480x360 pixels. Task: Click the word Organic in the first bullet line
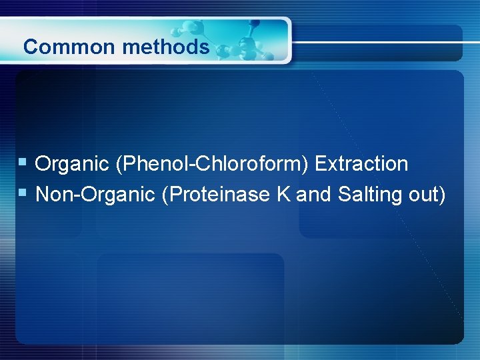(73, 164)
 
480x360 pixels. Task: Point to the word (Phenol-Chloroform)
(213, 164)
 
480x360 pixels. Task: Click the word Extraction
(362, 164)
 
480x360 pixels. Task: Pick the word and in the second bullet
(314, 195)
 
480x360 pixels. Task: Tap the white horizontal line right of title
(387, 43)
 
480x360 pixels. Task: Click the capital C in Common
(29, 47)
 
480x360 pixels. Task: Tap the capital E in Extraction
(321, 164)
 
